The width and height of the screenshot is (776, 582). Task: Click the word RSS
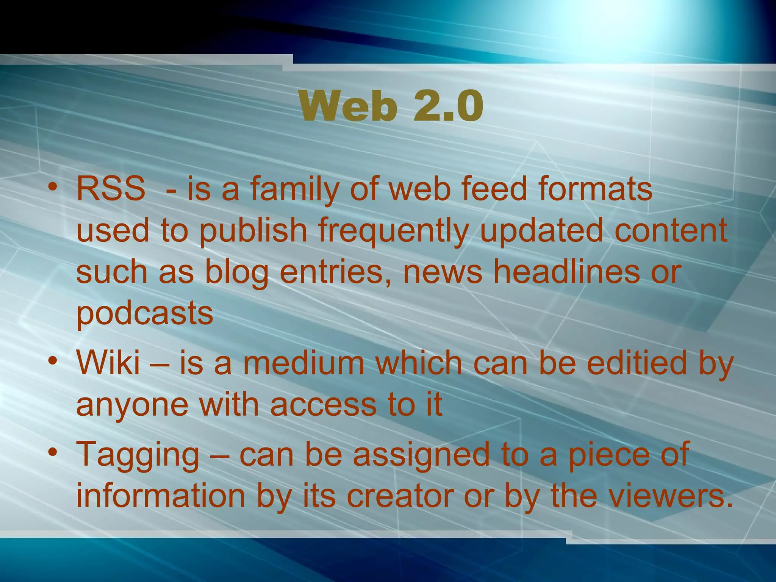pos(111,189)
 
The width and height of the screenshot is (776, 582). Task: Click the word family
pos(294,189)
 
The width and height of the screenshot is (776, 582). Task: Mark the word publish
pos(253,231)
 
